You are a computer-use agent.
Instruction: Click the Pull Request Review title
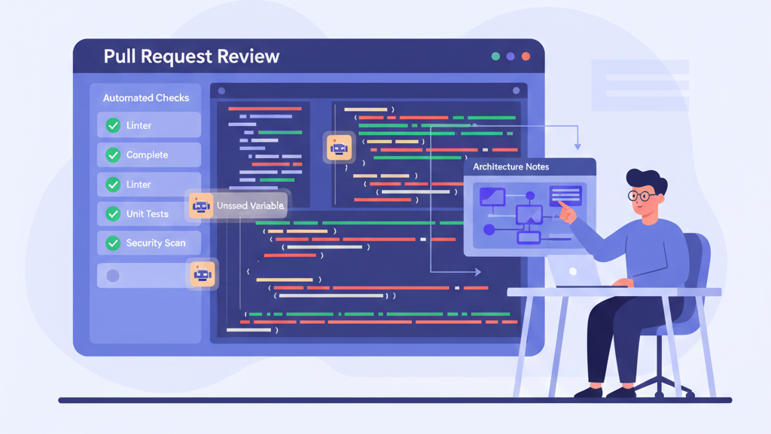(x=191, y=57)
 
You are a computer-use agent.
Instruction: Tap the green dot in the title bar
(x=495, y=57)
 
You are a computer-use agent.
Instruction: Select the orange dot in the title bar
(x=526, y=57)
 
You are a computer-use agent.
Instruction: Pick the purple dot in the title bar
(x=510, y=57)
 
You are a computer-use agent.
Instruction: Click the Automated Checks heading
(x=146, y=98)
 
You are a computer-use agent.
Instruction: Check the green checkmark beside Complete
(x=113, y=155)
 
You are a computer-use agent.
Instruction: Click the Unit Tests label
(x=148, y=214)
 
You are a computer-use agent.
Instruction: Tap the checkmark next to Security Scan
(x=113, y=243)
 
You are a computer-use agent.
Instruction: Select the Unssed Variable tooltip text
(x=250, y=206)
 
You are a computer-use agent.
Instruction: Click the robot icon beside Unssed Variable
(x=201, y=206)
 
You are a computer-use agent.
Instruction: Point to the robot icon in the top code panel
(x=339, y=148)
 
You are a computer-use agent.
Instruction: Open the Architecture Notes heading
(x=511, y=167)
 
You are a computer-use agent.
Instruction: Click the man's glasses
(x=642, y=196)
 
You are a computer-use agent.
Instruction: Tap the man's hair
(x=646, y=179)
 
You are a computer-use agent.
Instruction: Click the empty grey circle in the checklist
(x=113, y=276)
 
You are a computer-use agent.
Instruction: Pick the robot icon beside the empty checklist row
(x=202, y=274)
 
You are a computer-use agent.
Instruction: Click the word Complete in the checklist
(x=147, y=155)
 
